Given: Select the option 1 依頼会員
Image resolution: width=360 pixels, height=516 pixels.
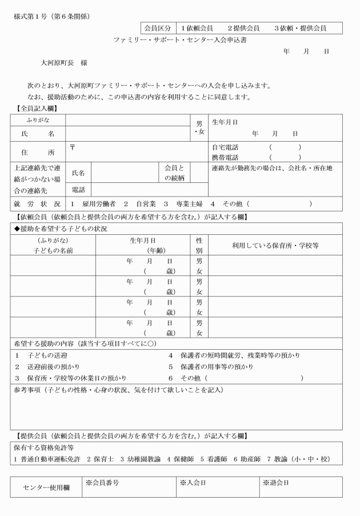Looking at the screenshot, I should click(197, 28).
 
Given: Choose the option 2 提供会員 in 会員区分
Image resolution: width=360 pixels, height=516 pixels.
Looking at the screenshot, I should click(243, 28).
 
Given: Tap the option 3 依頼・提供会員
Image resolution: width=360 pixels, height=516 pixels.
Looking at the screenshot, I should click(300, 28).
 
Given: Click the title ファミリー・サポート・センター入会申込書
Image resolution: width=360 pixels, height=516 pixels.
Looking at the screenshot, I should click(180, 41).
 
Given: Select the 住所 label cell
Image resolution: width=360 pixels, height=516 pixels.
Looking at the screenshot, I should click(38, 153).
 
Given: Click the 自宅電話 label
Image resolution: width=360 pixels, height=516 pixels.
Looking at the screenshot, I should click(225, 147).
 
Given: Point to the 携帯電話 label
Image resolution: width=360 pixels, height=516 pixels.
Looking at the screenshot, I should click(225, 157).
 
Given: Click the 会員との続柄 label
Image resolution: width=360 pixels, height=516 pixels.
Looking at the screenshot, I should click(174, 173).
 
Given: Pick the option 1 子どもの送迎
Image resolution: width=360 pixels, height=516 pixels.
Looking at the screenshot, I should click(37, 355).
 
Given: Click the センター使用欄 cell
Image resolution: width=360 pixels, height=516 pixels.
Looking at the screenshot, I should click(46, 487).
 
